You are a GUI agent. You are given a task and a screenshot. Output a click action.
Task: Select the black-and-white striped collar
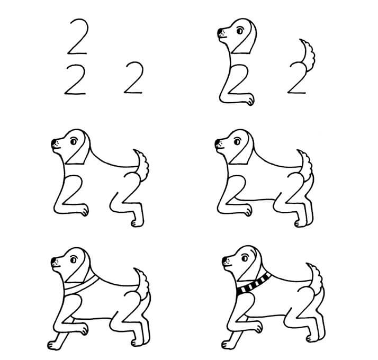point(253,285)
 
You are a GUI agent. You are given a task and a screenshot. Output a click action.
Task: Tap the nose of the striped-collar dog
point(224,260)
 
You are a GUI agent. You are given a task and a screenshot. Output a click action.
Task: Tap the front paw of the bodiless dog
point(249,100)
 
